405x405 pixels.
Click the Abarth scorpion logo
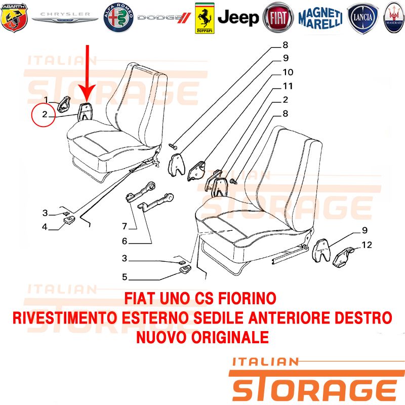(x=14, y=18)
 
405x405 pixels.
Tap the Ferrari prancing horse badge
(x=205, y=18)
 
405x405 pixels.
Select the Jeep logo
(x=238, y=18)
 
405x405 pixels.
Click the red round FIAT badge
(x=278, y=18)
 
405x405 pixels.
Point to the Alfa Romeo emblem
(x=118, y=18)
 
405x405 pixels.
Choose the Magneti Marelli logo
(x=320, y=18)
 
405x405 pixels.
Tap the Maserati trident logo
(x=394, y=18)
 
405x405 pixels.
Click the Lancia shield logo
(x=362, y=18)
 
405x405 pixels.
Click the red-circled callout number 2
(x=45, y=114)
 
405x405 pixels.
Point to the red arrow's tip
(x=87, y=101)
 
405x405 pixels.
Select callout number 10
(x=288, y=72)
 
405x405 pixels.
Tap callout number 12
(x=367, y=245)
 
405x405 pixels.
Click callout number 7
(x=125, y=226)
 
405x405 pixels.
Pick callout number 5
(x=125, y=277)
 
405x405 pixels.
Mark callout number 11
(x=288, y=86)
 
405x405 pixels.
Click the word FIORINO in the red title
(x=247, y=298)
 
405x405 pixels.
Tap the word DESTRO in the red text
(x=363, y=318)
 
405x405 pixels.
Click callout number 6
(x=125, y=241)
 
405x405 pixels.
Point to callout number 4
(x=45, y=227)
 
